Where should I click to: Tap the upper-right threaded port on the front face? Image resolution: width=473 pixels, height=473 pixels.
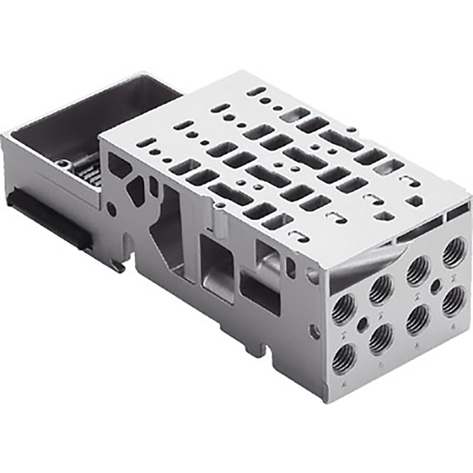tap(454, 251)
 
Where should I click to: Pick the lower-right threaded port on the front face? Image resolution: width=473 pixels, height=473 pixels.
tap(454, 300)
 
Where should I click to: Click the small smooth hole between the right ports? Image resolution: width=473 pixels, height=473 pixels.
tap(436, 285)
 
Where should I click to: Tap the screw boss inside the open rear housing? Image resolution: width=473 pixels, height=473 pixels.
tap(63, 164)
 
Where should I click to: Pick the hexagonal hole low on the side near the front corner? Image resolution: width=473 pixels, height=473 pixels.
tap(315, 332)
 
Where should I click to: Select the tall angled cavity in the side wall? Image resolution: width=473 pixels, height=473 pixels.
tap(166, 226)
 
